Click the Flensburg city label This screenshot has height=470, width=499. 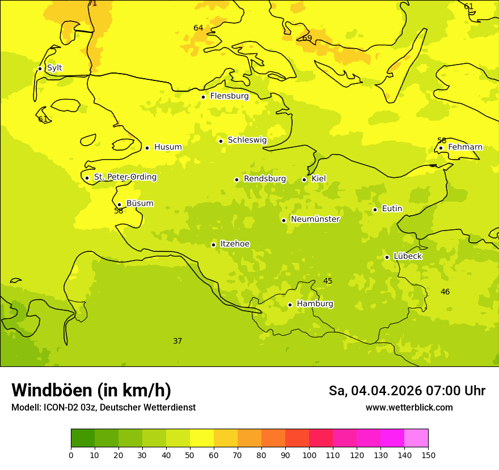pyautogui.click(x=229, y=96)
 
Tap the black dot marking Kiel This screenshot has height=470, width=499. pyautogui.click(x=304, y=180)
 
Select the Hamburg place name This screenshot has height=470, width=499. pyautogui.click(x=315, y=304)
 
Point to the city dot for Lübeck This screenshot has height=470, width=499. pyautogui.click(x=387, y=257)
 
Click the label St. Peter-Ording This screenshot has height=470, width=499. pyautogui.click(x=125, y=177)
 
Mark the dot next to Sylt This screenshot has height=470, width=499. pyautogui.click(x=40, y=69)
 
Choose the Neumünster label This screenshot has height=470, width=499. pyautogui.click(x=315, y=219)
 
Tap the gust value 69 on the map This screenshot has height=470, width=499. pyautogui.click(x=307, y=38)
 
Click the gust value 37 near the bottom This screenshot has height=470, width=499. pyautogui.click(x=177, y=341)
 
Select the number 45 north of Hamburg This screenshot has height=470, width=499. pyautogui.click(x=328, y=281)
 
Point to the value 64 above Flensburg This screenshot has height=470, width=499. pyautogui.click(x=198, y=28)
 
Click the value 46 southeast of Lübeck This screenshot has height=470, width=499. pyautogui.click(x=445, y=292)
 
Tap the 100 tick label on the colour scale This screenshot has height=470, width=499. pyautogui.click(x=309, y=455)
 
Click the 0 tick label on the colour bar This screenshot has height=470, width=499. pyautogui.click(x=71, y=455)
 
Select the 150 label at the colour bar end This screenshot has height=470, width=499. pyautogui.click(x=428, y=455)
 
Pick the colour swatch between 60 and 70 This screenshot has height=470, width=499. pyautogui.click(x=226, y=438)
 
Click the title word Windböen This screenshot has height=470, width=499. pyautogui.click(x=52, y=390)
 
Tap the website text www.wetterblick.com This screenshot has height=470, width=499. pyautogui.click(x=409, y=407)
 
